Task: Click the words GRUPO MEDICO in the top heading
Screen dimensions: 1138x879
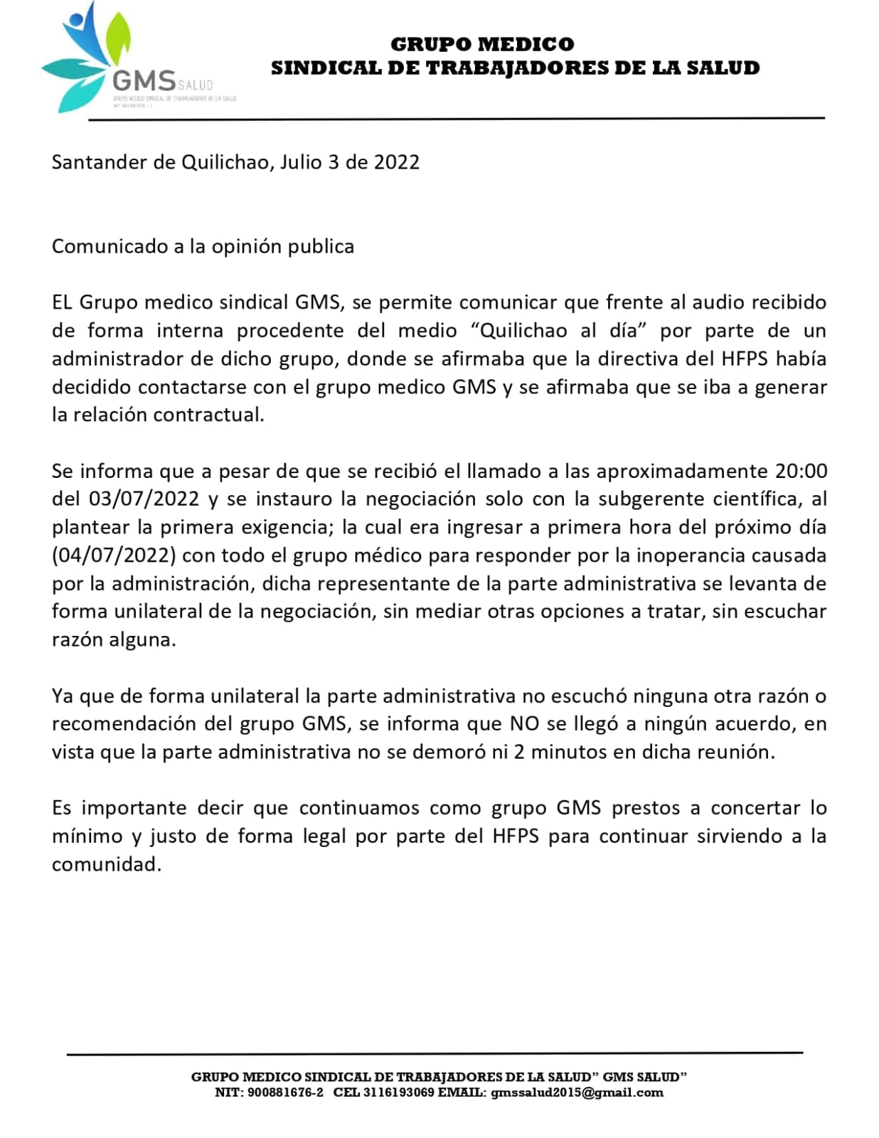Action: tap(482, 44)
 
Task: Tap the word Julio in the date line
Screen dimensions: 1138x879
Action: tap(301, 162)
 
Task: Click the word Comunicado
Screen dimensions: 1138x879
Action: tap(108, 247)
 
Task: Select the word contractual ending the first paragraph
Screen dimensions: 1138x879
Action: tap(208, 415)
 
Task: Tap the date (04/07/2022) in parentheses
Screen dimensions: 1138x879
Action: tap(114, 555)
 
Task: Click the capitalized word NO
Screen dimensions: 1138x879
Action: tap(525, 723)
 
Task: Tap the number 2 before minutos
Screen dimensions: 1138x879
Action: tap(519, 752)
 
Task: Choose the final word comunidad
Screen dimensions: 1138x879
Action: tap(107, 864)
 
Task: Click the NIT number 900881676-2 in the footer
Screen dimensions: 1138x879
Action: tap(285, 1092)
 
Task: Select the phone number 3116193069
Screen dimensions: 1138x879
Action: tap(398, 1092)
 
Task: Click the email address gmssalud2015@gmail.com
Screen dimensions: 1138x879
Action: tap(577, 1092)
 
